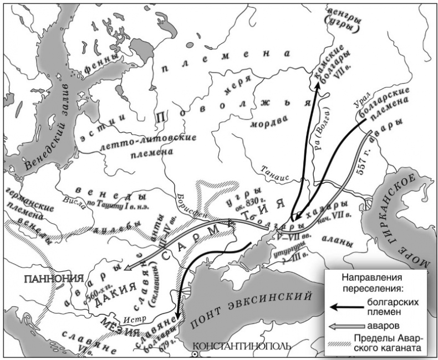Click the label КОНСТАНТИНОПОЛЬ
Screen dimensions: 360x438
pos(241,347)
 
